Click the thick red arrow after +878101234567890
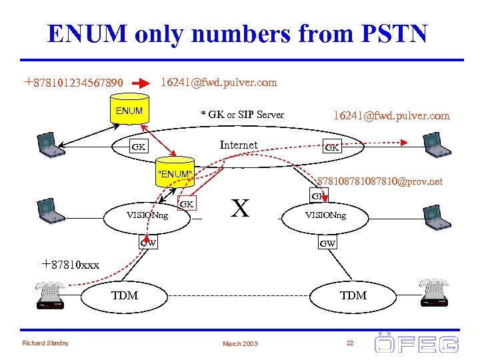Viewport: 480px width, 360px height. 141,83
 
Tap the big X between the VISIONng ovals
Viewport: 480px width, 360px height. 240,208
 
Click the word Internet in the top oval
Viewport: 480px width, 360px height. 238,145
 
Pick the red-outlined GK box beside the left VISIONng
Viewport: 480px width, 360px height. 187,203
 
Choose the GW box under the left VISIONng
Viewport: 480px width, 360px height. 149,243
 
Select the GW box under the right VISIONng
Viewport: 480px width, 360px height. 327,243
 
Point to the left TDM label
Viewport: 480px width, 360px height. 125,295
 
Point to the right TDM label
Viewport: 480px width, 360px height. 353,295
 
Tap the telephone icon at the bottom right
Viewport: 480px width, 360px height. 437,293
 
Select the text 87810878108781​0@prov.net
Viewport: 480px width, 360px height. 380,181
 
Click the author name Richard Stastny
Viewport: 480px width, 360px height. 44,343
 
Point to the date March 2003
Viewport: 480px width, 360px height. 241,343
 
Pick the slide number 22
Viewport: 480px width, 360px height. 349,342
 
